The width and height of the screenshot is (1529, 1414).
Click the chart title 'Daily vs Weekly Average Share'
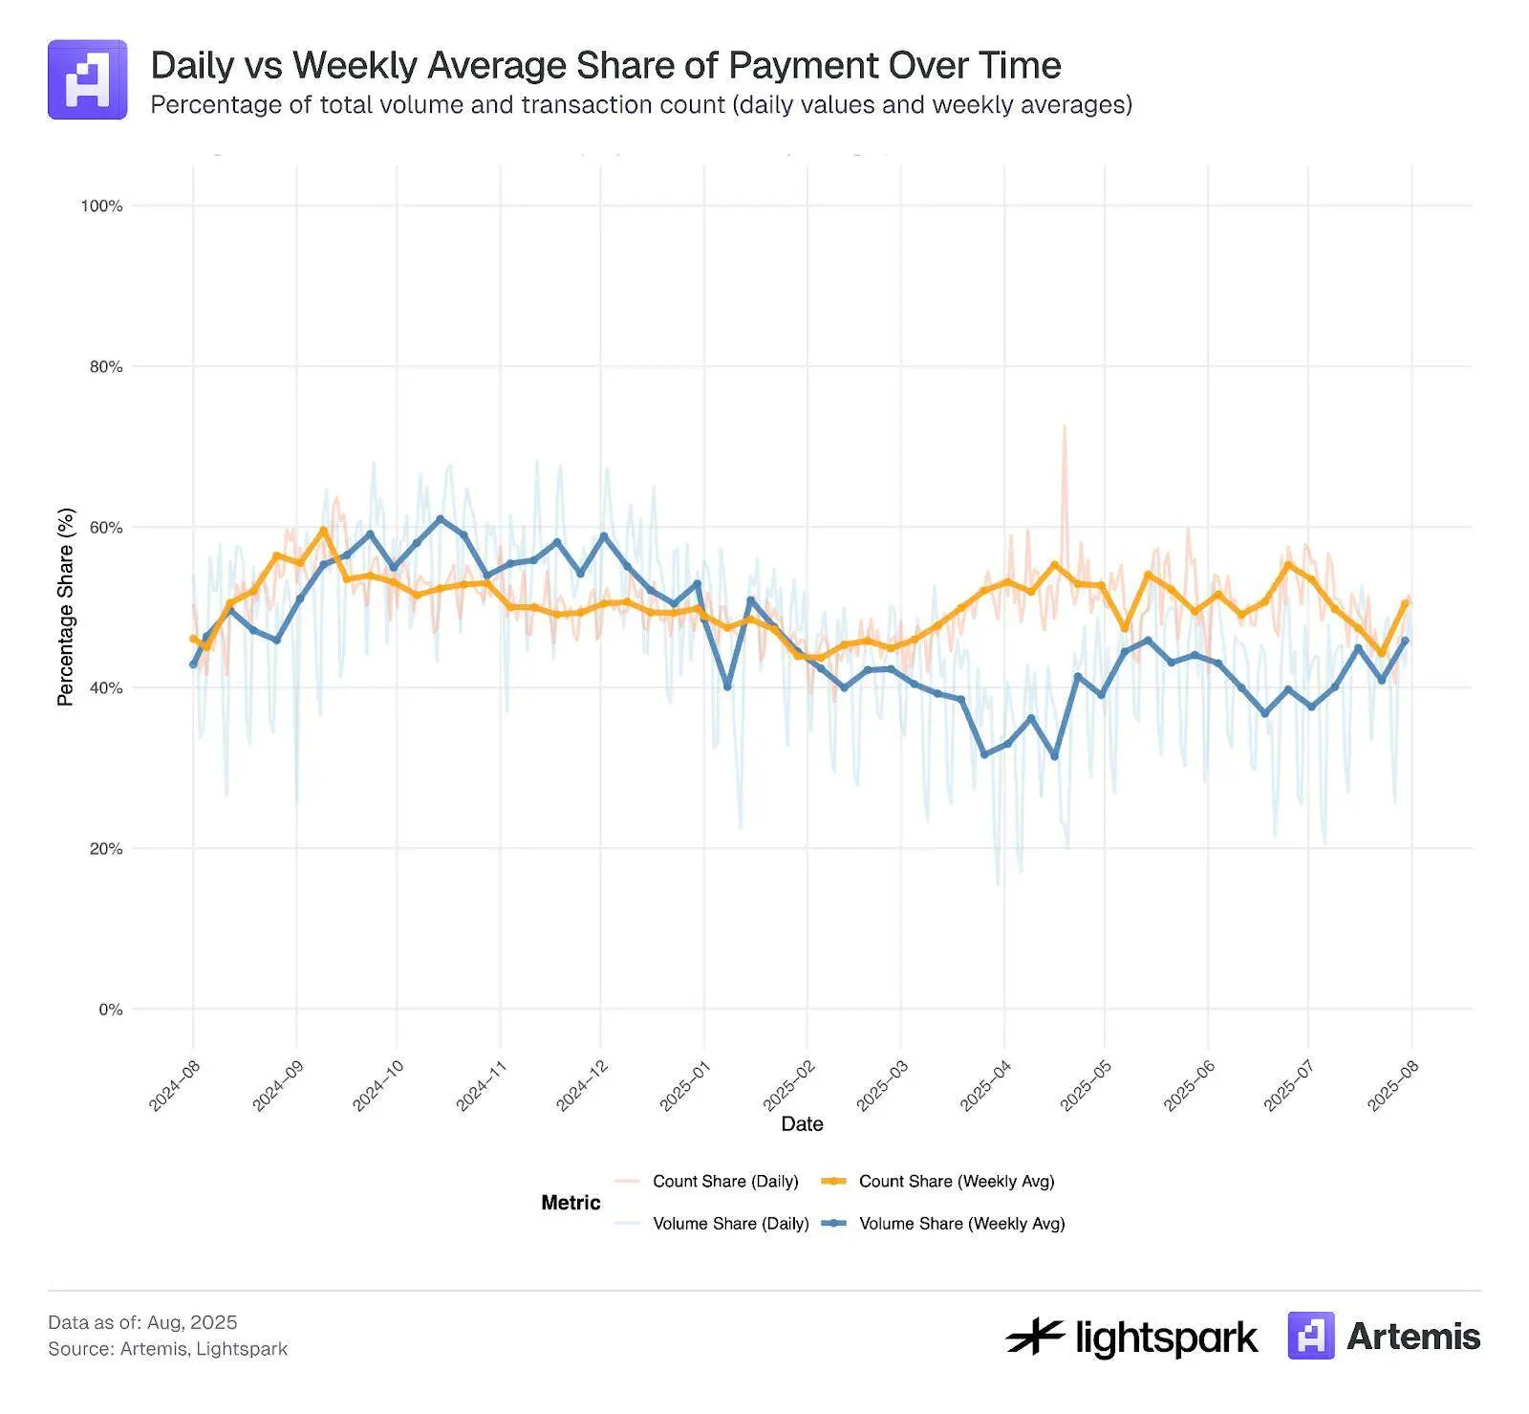(606, 65)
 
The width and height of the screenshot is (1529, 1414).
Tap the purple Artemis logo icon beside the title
(87, 79)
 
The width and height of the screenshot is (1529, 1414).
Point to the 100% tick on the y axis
(101, 206)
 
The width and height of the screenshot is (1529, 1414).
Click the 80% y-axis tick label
(105, 366)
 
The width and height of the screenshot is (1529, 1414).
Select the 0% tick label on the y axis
(110, 1010)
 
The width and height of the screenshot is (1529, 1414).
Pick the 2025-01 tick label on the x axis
(684, 1085)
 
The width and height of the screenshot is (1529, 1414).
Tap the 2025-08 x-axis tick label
(1392, 1085)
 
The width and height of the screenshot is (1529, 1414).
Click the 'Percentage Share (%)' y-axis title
(65, 607)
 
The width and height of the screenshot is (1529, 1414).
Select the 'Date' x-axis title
(802, 1124)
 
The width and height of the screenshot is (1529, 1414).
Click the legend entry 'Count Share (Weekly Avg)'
(956, 1182)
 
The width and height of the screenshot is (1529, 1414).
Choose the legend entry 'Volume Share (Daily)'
(730, 1224)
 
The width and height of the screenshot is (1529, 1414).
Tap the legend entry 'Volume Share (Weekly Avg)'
(961, 1224)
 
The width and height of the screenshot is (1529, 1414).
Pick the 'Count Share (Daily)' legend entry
(725, 1182)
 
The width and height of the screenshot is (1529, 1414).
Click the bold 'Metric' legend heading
(571, 1203)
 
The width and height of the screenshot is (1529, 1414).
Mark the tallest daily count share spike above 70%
(1064, 426)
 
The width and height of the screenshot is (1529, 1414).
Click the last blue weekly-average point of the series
(1405, 641)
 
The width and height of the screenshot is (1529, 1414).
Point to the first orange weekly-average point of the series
(193, 639)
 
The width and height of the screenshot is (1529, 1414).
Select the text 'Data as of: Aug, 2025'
(142, 1322)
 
